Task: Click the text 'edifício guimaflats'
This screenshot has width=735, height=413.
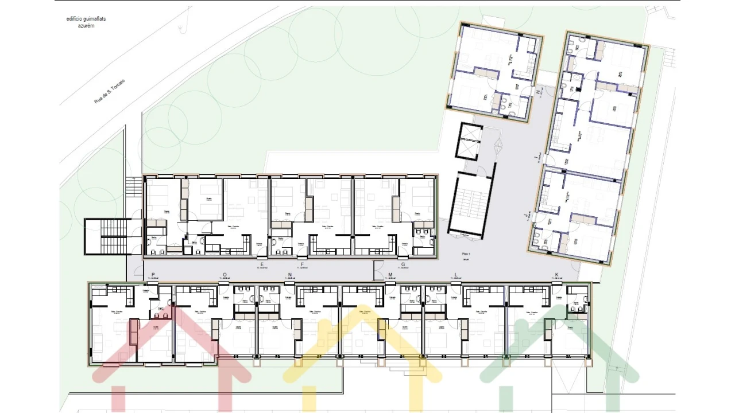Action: (86, 19)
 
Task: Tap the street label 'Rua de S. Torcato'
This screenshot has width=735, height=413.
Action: (109, 91)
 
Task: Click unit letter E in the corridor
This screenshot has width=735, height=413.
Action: (262, 264)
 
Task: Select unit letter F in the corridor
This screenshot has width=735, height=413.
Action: (302, 264)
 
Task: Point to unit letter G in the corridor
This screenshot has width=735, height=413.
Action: (403, 264)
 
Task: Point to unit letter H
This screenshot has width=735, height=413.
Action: (538, 92)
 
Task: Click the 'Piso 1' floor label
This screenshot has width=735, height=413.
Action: (466, 254)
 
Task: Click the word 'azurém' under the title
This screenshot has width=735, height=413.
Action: (86, 26)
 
